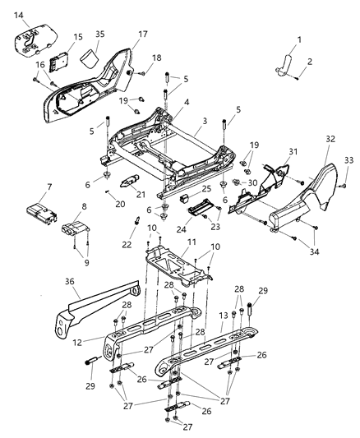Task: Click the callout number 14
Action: click(x=19, y=16)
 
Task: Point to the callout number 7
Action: click(x=48, y=187)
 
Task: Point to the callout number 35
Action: click(x=100, y=35)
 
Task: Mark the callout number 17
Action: click(x=141, y=35)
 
